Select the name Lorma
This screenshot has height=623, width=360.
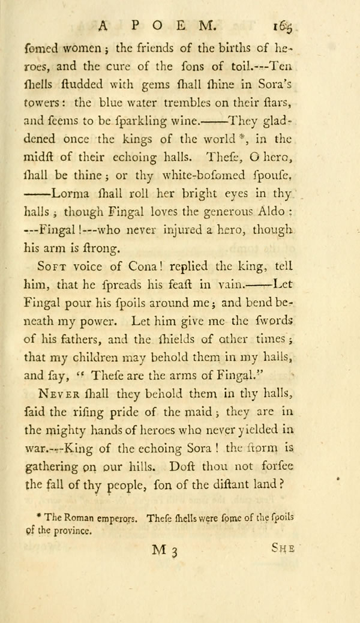(72, 194)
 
